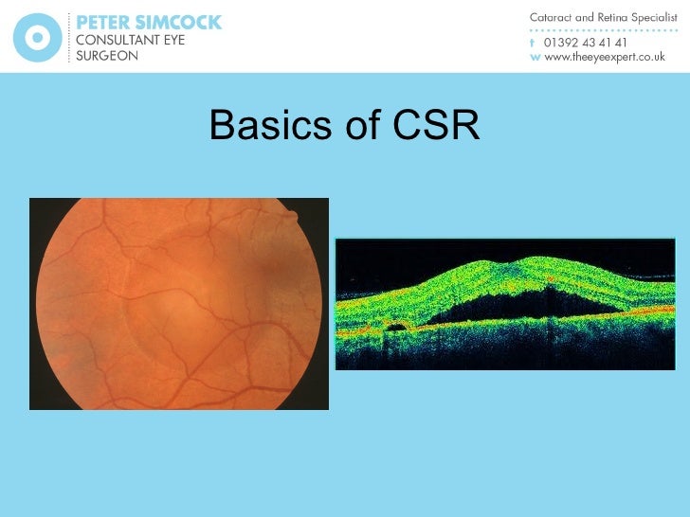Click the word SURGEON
tap(107, 56)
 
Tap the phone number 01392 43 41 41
tap(585, 43)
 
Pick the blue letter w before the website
tap(534, 57)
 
